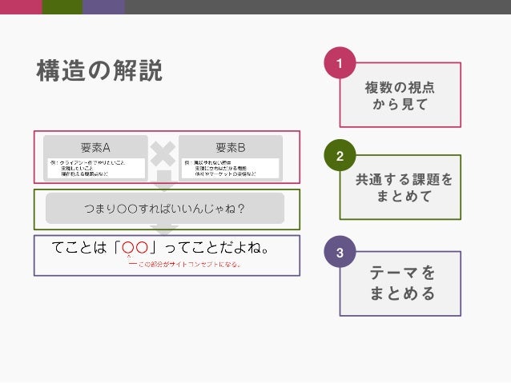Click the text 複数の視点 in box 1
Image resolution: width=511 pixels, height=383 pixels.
coord(406,87)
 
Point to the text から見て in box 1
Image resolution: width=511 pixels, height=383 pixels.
coord(406,105)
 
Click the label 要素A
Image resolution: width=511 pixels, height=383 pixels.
coord(95,147)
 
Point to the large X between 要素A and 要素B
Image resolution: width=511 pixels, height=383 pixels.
coord(163,154)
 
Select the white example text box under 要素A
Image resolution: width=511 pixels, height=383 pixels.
coord(95,167)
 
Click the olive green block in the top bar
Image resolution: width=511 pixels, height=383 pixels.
coord(61,7)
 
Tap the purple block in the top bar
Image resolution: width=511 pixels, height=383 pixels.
coord(103,7)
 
